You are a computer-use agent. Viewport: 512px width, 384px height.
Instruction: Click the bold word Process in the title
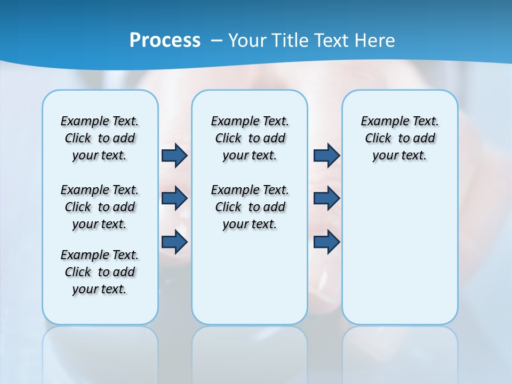pos(165,41)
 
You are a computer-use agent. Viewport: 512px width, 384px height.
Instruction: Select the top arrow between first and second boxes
pos(174,155)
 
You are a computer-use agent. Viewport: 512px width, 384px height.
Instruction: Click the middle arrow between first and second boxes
pos(174,198)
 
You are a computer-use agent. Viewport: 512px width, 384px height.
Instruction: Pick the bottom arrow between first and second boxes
pos(174,242)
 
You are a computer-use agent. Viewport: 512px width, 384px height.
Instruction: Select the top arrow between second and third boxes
pos(326,155)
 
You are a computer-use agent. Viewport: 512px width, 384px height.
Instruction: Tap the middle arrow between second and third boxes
pos(326,198)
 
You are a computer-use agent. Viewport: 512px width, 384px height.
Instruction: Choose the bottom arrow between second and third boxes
pos(326,242)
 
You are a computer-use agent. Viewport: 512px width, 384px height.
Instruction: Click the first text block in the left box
pos(100,138)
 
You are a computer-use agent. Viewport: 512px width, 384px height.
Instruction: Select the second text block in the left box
pos(100,207)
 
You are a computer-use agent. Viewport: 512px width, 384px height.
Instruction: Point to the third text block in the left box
pos(100,272)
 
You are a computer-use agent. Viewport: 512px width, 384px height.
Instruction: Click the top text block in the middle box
pos(250,138)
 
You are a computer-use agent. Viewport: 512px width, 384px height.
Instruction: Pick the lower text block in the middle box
pos(250,207)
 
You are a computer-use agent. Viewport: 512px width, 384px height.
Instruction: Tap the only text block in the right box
pos(399,138)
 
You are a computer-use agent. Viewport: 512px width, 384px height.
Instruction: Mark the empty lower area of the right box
pos(399,251)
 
